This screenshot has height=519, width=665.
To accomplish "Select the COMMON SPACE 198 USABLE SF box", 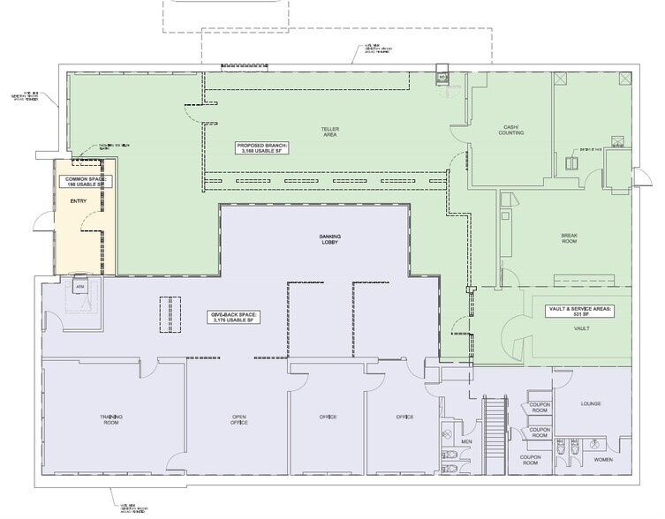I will pyautogui.click(x=85, y=182).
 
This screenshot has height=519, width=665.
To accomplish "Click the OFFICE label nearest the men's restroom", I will pyautogui.click(x=404, y=417).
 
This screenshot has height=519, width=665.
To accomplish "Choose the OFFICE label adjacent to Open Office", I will pyautogui.click(x=328, y=417).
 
